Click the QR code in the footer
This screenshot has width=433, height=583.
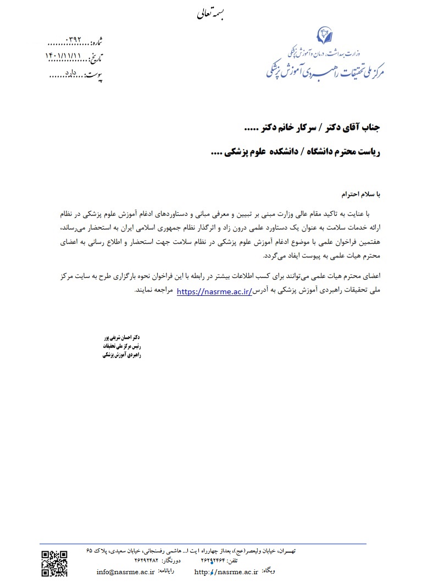point(54,563)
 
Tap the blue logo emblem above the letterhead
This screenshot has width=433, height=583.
point(324,37)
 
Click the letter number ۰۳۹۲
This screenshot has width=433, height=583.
point(73,41)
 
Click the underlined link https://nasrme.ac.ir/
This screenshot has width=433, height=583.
point(214,292)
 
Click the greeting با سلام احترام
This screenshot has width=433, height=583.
point(358,195)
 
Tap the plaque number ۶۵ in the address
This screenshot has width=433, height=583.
point(90,551)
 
